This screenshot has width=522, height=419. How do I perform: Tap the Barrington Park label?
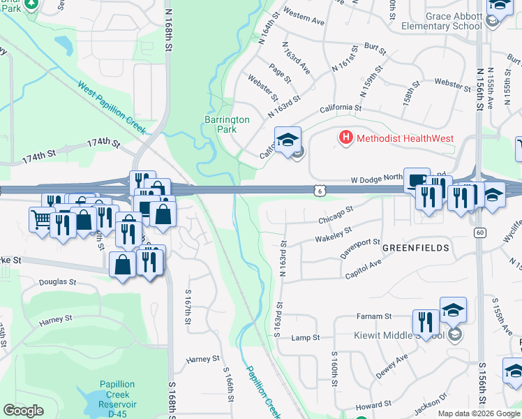pyautogui.click(x=227, y=124)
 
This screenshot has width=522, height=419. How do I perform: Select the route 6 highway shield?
pyautogui.click(x=318, y=189)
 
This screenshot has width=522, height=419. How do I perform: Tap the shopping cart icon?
pyautogui.click(x=41, y=219)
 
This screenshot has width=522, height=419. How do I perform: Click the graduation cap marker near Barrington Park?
pyautogui.click(x=288, y=140)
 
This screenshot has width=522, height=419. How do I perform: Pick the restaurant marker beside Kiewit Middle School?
pyautogui.click(x=425, y=321)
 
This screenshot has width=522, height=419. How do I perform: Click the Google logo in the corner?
pyautogui.click(x=23, y=411)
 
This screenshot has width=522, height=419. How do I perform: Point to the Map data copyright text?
pyautogui.click(x=479, y=413)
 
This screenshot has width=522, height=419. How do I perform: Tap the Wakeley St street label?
pyautogui.click(x=334, y=233)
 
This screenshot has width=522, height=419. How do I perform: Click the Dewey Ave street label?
pyautogui.click(x=392, y=364)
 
